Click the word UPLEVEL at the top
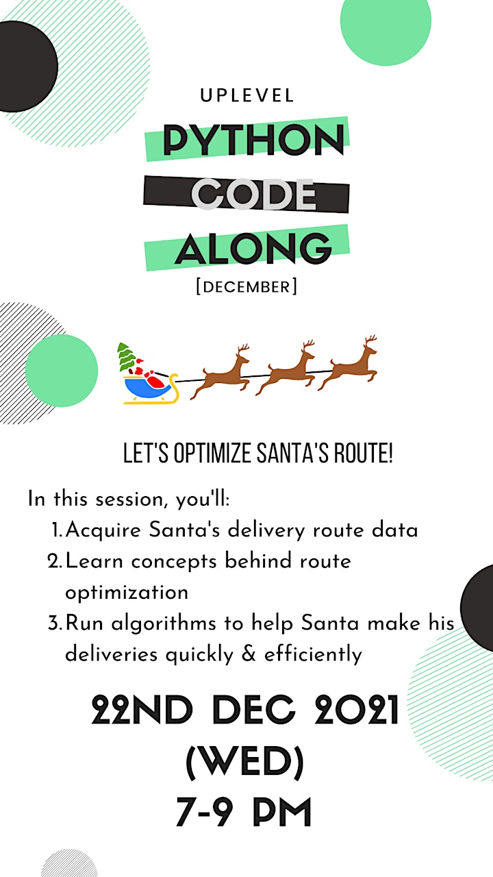tap(247, 96)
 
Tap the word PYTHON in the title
tap(253, 140)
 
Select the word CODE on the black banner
tap(253, 194)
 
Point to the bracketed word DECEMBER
tap(246, 286)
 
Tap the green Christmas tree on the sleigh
tap(126, 356)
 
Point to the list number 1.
tap(56, 530)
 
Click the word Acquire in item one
tap(103, 531)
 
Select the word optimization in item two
tap(127, 593)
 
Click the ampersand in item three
tap(249, 654)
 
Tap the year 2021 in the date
tap(357, 710)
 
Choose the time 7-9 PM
tap(243, 813)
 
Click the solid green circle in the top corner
tap(385, 21)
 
